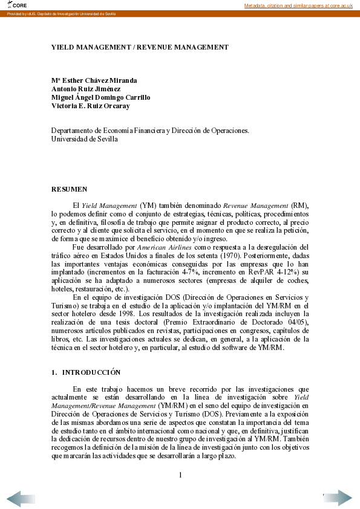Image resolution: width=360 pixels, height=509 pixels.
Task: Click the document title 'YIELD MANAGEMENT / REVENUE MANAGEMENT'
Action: pos(140,47)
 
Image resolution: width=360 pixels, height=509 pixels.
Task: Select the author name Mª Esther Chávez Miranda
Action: pos(94,80)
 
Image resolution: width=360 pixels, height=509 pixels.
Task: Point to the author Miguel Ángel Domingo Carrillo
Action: pos(100,97)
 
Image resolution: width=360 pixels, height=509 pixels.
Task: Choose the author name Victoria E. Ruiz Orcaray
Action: pos(90,106)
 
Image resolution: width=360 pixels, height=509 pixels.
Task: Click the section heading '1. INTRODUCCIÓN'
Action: pos(86,372)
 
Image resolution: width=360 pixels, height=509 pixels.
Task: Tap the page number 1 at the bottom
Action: pos(180,475)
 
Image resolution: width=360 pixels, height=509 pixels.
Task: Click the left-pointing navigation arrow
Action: pos(22,498)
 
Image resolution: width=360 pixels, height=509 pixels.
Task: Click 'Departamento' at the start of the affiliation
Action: pos(73,130)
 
